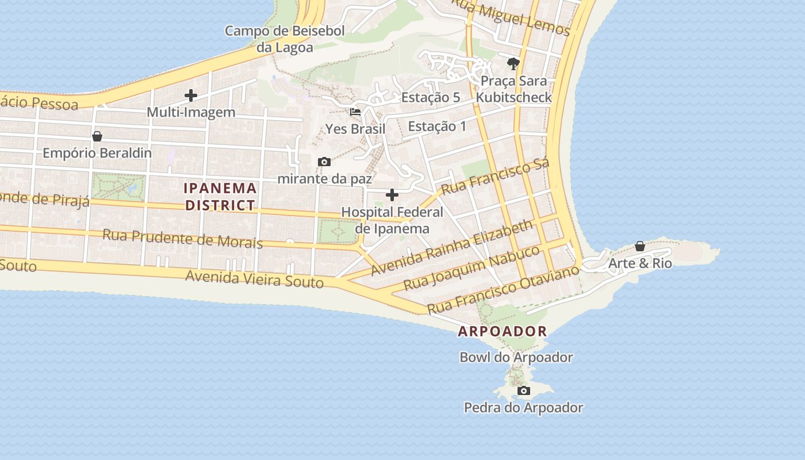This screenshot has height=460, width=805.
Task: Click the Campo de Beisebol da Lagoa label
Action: point(285,39)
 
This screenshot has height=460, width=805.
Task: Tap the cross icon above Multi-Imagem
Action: point(191,95)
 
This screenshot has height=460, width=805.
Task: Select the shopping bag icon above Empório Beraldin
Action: point(97,136)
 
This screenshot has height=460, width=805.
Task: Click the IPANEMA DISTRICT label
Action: point(220,197)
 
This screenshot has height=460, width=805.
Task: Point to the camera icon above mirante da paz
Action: point(324,162)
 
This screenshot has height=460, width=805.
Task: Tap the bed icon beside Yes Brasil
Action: point(355,112)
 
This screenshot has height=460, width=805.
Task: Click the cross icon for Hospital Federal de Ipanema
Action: point(392,195)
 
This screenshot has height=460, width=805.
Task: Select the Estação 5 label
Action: point(431,97)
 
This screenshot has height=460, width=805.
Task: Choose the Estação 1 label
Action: point(437,126)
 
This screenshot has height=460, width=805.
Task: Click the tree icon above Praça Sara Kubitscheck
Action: point(513,63)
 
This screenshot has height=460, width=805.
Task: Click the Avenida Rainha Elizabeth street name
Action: point(452,248)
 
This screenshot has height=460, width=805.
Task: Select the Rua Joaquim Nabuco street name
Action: point(471,267)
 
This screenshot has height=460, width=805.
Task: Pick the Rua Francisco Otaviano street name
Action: point(503,289)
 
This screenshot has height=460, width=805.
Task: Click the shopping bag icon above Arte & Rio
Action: point(640,247)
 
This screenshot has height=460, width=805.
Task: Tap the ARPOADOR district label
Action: point(502,332)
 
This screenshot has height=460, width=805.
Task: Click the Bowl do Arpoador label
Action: point(516,357)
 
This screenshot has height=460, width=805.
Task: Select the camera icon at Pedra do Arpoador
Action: point(524,391)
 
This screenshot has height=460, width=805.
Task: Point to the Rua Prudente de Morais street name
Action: point(182,239)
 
